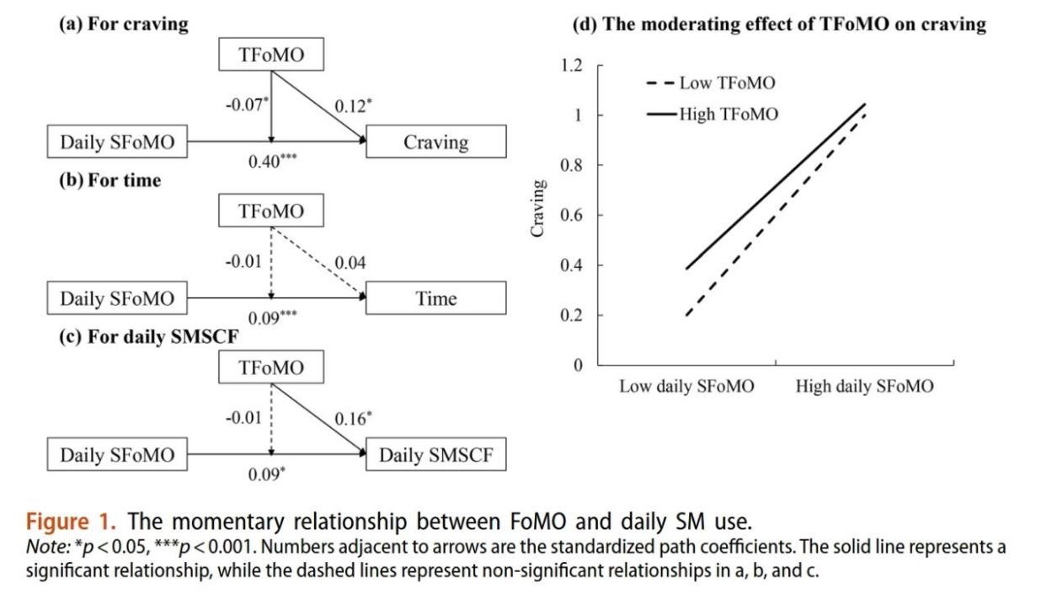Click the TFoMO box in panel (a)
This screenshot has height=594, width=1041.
[270, 56]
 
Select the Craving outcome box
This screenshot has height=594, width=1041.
[435, 142]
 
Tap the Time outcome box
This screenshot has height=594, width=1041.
[435, 298]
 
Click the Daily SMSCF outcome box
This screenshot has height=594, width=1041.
[435, 456]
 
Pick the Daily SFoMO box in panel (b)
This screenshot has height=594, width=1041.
[117, 298]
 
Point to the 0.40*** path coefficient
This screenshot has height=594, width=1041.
[270, 162]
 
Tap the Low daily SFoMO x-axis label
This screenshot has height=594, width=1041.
[686, 387]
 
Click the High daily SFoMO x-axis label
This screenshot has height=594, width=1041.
[864, 387]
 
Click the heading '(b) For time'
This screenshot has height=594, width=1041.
[109, 179]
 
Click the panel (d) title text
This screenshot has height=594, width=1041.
[779, 24]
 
